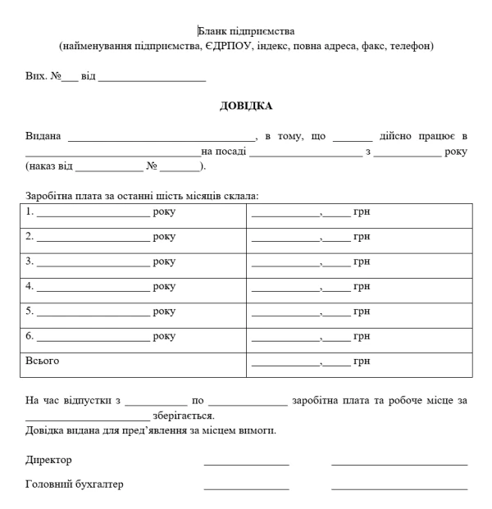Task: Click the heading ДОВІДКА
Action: (x=246, y=105)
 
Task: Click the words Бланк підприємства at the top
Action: (x=246, y=32)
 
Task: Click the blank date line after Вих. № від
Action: (x=152, y=77)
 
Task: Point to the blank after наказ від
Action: (x=108, y=166)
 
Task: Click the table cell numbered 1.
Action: (x=133, y=212)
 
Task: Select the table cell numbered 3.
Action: (x=133, y=262)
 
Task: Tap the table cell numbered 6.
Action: (x=133, y=336)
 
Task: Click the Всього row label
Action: (x=43, y=361)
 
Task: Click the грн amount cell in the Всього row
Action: (x=359, y=361)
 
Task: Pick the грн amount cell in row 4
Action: (x=359, y=287)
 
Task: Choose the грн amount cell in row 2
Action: (x=359, y=237)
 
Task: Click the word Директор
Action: (x=48, y=460)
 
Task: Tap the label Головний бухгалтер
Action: (x=75, y=484)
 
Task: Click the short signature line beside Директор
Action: (x=246, y=464)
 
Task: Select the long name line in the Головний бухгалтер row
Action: (x=399, y=489)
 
